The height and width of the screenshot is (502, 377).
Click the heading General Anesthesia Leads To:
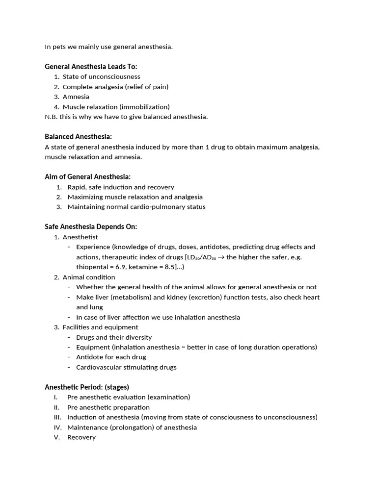click(x=91, y=66)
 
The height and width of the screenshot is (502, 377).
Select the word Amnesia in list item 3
click(x=76, y=97)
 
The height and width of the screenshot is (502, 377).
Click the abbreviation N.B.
click(x=51, y=117)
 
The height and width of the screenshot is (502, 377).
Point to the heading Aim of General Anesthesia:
click(x=87, y=176)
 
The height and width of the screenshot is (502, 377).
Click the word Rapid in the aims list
click(x=77, y=187)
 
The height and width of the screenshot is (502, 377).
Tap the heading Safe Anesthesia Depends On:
click(x=91, y=226)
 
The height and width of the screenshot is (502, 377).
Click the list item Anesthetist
click(x=80, y=237)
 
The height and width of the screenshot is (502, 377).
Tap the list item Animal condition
click(x=89, y=277)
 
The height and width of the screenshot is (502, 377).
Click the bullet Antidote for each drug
click(x=111, y=357)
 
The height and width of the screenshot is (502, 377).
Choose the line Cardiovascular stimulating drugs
click(x=126, y=367)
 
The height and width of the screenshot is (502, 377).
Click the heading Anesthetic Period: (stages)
click(x=87, y=387)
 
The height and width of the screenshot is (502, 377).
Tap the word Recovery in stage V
click(x=81, y=437)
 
